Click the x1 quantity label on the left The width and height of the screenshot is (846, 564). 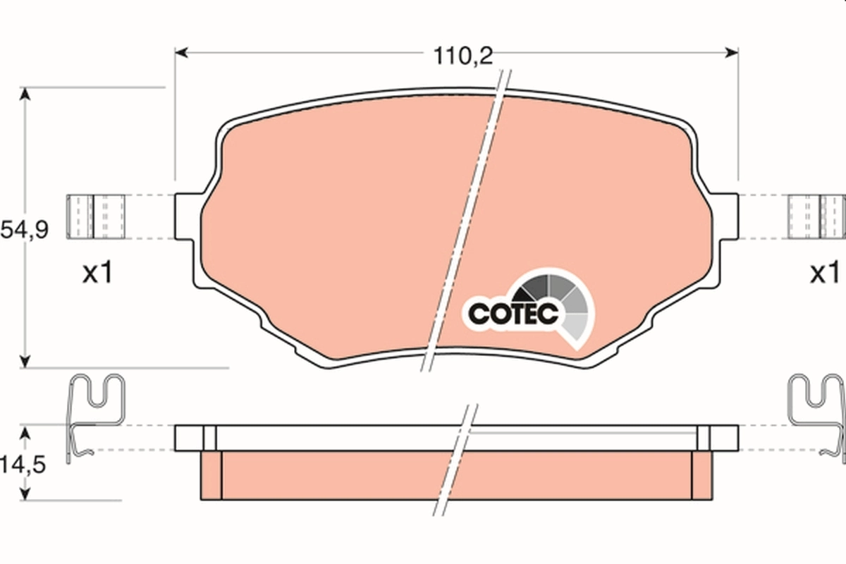[98, 274]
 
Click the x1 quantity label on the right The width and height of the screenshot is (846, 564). [823, 274]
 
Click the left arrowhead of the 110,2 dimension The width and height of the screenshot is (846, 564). [180, 52]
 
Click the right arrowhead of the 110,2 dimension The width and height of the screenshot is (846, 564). [732, 52]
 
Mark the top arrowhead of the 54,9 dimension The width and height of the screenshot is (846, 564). [25, 94]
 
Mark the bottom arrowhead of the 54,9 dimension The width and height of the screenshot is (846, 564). [25, 361]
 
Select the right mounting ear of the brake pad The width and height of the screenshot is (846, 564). [728, 217]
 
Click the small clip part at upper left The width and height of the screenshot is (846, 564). [97, 216]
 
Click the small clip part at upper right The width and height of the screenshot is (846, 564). [816, 216]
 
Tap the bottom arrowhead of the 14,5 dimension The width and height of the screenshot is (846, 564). [25, 493]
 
